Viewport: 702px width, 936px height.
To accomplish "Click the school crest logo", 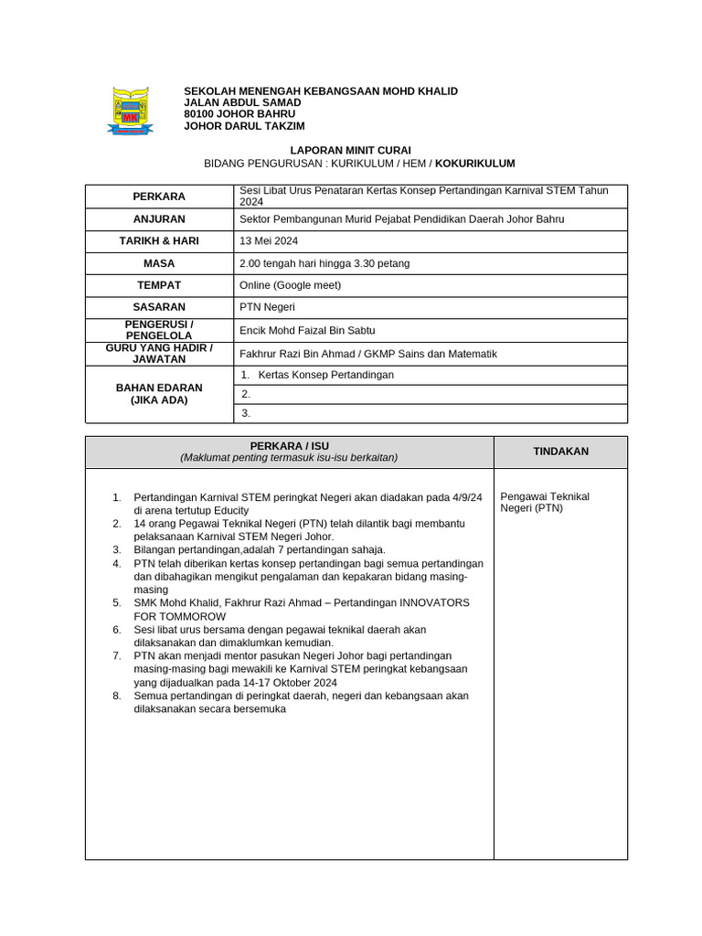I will pos(132,111).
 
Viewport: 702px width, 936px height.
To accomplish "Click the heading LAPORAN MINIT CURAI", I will pos(350,150).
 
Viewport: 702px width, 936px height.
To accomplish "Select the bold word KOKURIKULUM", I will pos(475,164).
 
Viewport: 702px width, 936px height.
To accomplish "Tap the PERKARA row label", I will pos(159,197).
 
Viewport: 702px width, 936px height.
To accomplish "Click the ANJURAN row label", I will pos(159,219).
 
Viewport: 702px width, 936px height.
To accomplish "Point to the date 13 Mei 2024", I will pos(269,241).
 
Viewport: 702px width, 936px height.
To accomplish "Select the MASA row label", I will pos(159,263).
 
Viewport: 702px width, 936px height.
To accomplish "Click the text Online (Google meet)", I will pos(290,285).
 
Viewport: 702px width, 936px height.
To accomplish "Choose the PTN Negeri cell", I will pos(261,307).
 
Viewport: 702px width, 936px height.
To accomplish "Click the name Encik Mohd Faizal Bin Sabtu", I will pos(307,330).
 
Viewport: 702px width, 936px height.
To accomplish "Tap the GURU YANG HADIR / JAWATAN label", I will pos(159,354).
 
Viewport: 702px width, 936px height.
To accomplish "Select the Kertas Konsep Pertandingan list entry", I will pos(325,375).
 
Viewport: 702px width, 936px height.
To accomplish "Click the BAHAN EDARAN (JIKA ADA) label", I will pos(159,394).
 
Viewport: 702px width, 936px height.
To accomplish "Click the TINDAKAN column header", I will pos(560,452).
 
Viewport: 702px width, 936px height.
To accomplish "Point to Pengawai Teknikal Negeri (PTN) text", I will pos(545,502).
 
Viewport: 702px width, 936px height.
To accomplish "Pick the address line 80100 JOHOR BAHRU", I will pos(233,114).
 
